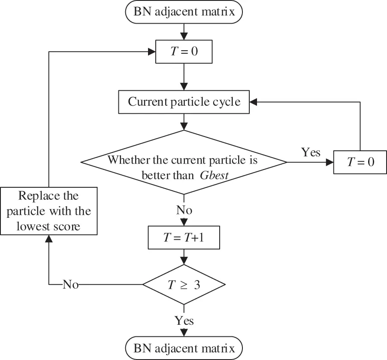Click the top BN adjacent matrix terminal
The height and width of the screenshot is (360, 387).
click(184, 11)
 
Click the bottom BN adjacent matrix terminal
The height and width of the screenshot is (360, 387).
click(184, 348)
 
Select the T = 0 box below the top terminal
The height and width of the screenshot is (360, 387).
click(184, 52)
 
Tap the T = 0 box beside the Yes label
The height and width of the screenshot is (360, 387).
click(360, 162)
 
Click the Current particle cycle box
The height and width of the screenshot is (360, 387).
click(184, 102)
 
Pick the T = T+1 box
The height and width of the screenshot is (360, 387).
click(184, 237)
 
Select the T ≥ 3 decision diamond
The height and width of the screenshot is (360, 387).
click(184, 285)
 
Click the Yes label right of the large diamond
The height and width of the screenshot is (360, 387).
click(311, 153)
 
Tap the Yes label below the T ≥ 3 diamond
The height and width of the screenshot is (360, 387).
click(184, 320)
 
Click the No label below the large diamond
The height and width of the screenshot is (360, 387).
click(184, 211)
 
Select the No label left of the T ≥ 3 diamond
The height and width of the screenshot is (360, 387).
click(71, 284)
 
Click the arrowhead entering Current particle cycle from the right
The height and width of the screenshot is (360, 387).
click(254, 102)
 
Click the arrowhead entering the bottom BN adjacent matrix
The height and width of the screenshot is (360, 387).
click(184, 333)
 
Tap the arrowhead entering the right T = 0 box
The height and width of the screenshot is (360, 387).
click(330, 162)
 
